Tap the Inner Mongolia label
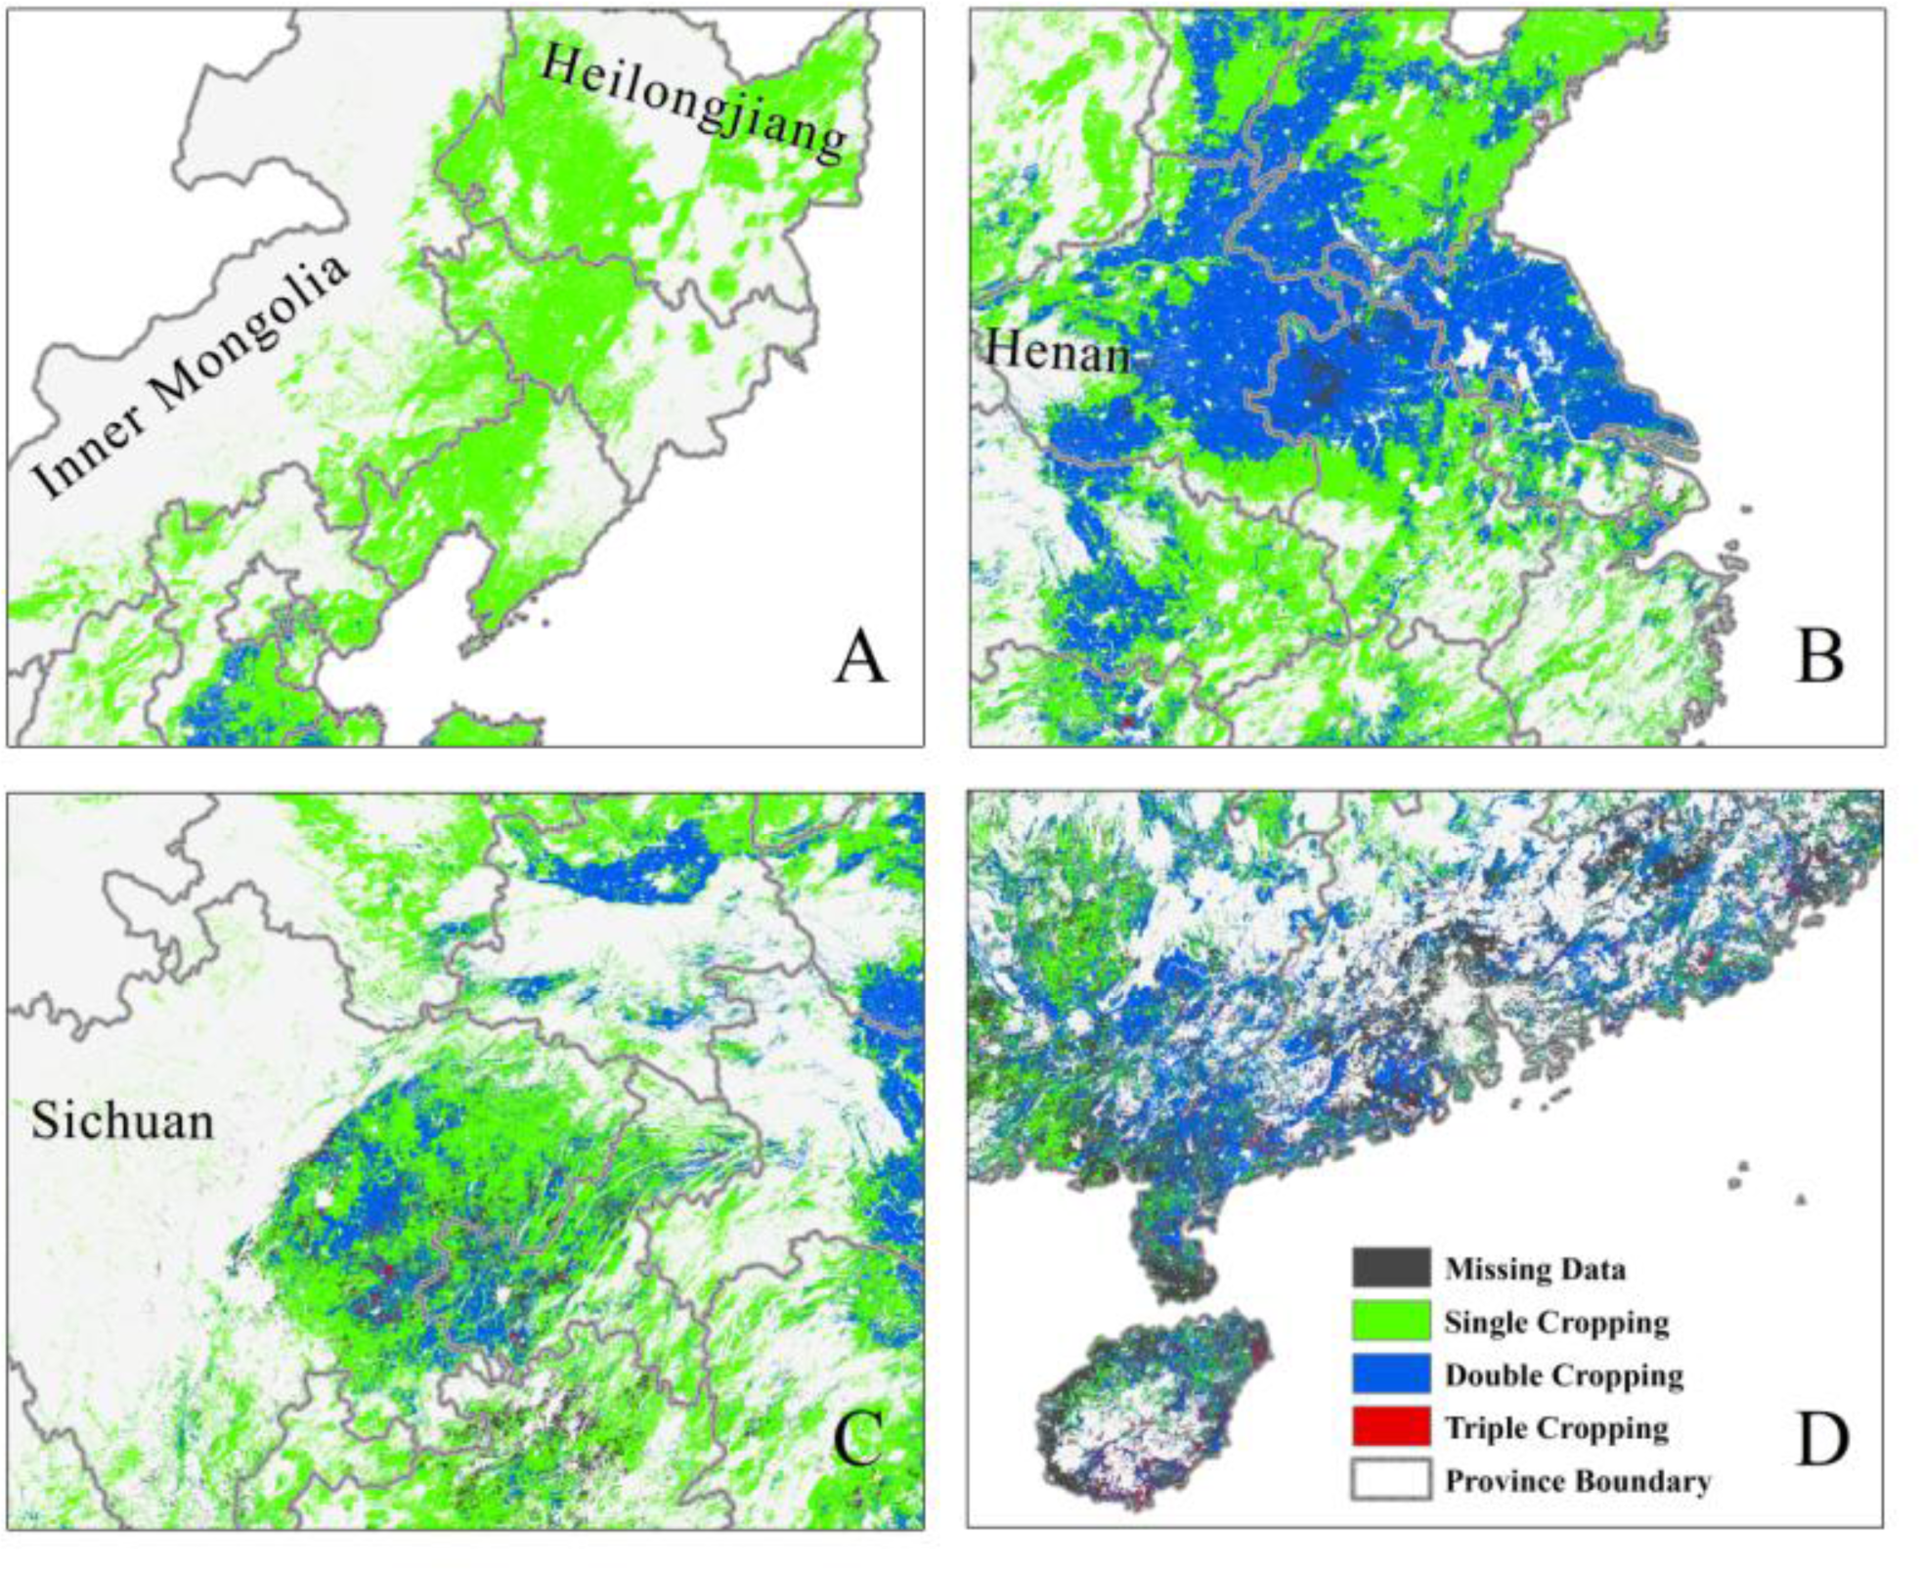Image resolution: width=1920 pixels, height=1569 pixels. (192, 375)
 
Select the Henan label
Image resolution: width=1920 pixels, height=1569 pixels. (1057, 351)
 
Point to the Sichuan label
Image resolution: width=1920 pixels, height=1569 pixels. (122, 1119)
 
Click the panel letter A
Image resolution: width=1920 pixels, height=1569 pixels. (859, 657)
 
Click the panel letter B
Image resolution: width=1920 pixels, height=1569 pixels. (1819, 657)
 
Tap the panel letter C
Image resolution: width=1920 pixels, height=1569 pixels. (858, 1439)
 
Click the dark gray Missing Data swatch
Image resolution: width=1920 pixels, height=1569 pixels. (1390, 1268)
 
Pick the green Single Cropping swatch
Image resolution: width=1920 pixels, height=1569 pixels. (1390, 1321)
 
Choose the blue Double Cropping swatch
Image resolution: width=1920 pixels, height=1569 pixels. (1390, 1373)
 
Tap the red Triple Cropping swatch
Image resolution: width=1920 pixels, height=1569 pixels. (1390, 1426)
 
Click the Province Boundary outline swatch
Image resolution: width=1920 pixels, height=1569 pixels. (1390, 1479)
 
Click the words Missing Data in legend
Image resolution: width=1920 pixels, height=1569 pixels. (1535, 1269)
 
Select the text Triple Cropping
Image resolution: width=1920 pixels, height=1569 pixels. (1556, 1427)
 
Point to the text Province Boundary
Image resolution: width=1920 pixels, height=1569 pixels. (1578, 1480)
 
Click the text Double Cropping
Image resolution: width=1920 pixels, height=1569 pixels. (1564, 1374)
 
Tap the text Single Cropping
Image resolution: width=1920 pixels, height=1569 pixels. (1556, 1322)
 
